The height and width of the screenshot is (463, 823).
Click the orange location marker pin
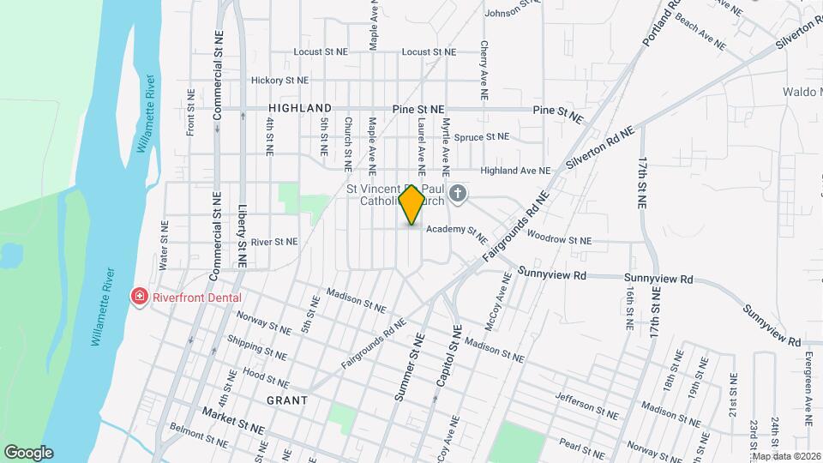411,204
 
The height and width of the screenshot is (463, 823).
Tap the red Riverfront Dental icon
138,297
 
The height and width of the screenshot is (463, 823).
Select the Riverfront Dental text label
197,298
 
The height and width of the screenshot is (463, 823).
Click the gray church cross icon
458,194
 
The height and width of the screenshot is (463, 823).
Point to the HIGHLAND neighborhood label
299,108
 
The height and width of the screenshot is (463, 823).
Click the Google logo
28,453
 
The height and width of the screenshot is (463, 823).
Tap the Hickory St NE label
279,81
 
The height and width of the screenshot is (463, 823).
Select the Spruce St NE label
481,136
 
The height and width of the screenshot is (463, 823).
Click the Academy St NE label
456,231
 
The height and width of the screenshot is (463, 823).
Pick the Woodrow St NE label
560,238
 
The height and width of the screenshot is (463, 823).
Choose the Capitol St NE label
449,353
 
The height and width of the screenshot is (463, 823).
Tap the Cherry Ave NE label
484,61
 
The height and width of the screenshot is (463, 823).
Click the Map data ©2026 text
786,456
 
